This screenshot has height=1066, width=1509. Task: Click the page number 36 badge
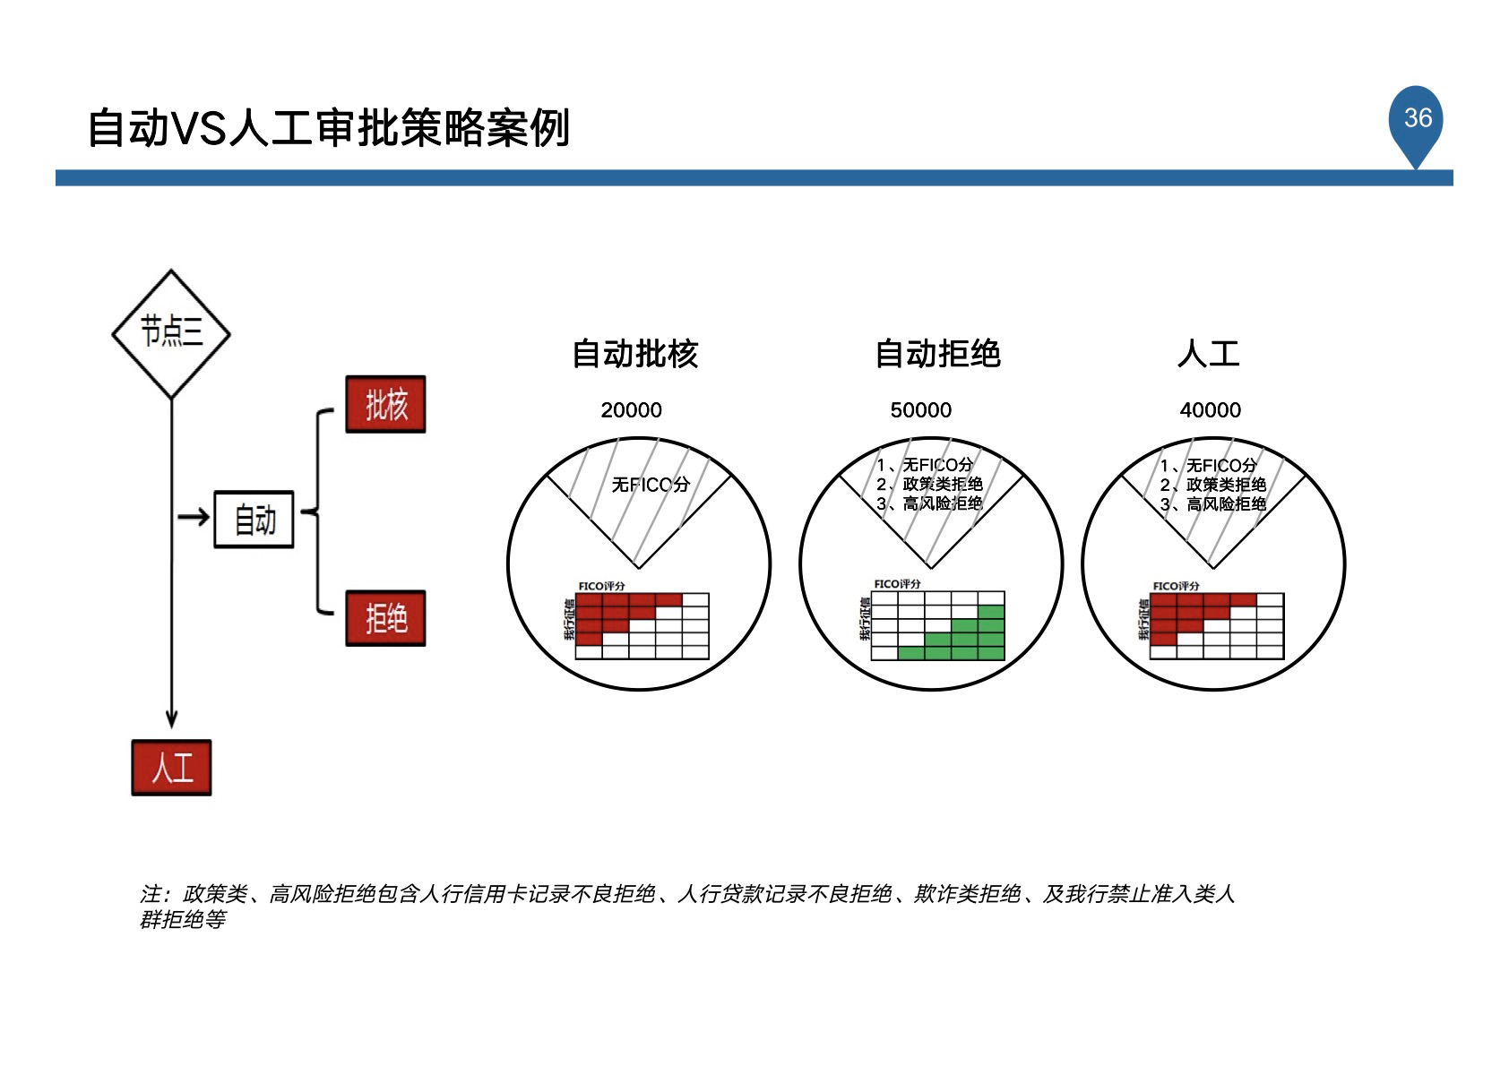click(x=1417, y=119)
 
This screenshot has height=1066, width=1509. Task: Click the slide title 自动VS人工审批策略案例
click(x=328, y=128)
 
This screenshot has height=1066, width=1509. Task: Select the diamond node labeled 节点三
click(x=171, y=333)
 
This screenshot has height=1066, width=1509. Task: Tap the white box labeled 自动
click(x=254, y=520)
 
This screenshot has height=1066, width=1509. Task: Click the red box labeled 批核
click(x=385, y=405)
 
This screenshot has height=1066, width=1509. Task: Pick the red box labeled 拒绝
click(x=385, y=618)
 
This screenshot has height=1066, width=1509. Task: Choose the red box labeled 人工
click(x=171, y=768)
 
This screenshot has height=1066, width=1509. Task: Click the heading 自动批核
click(x=634, y=354)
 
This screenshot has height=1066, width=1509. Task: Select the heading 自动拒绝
click(x=937, y=354)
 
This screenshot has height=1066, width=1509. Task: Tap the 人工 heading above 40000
click(x=1209, y=354)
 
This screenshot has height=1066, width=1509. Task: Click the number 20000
click(x=631, y=410)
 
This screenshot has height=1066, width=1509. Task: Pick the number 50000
click(x=920, y=410)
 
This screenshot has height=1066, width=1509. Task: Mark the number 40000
click(x=1210, y=410)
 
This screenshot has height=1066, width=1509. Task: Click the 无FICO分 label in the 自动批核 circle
click(x=651, y=485)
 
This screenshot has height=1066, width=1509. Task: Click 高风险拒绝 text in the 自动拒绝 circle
click(x=942, y=503)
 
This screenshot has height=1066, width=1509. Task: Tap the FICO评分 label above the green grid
click(x=897, y=584)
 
